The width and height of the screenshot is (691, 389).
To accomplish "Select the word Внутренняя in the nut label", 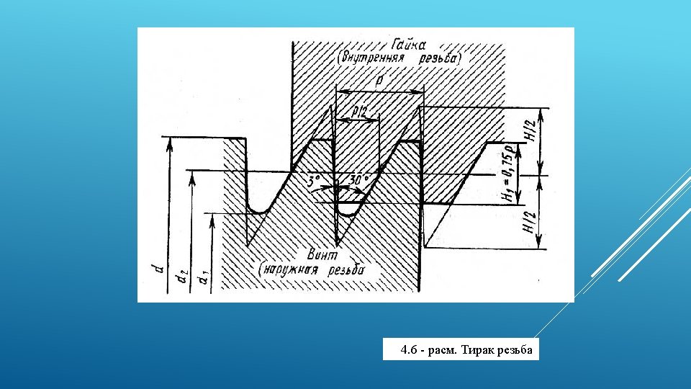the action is (x=371, y=57).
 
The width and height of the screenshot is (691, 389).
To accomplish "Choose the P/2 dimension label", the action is (x=359, y=112).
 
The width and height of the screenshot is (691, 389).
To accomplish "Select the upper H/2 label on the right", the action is (x=530, y=130).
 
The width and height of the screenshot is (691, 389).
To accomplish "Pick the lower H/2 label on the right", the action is (x=530, y=222).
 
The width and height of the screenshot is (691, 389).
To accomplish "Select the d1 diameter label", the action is (x=203, y=276).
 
